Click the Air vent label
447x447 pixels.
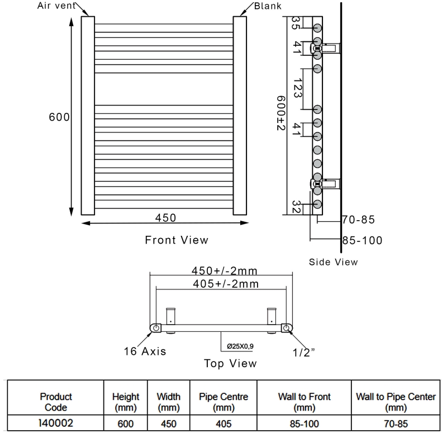(x=56, y=6)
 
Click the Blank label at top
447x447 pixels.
(x=268, y=6)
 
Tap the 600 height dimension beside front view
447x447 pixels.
(x=59, y=117)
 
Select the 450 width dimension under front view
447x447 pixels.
(x=165, y=218)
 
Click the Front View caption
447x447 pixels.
(x=177, y=240)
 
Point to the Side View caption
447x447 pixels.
(x=333, y=262)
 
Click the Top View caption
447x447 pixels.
(x=230, y=364)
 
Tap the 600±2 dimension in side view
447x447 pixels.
(x=281, y=113)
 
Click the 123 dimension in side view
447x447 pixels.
(x=297, y=88)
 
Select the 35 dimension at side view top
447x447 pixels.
(x=296, y=23)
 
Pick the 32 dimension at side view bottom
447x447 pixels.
(x=296, y=207)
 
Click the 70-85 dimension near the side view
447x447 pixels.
(x=358, y=220)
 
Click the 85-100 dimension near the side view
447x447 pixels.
(x=362, y=241)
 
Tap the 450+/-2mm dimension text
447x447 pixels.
(x=225, y=270)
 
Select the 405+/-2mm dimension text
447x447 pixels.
(x=226, y=284)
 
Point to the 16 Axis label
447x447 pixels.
(x=145, y=351)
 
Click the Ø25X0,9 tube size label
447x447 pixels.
(x=240, y=346)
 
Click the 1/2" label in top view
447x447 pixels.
(x=303, y=353)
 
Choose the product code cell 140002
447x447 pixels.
(x=56, y=423)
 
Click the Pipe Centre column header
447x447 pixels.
(x=223, y=402)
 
